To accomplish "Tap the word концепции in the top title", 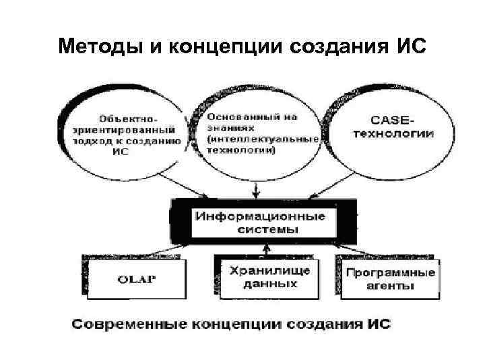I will pyautogui.click(x=227, y=47).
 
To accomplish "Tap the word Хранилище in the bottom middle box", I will pyautogui.click(x=269, y=271).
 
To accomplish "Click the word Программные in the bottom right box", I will pyautogui.click(x=390, y=273).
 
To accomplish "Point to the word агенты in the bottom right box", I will pyautogui.click(x=391, y=285).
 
